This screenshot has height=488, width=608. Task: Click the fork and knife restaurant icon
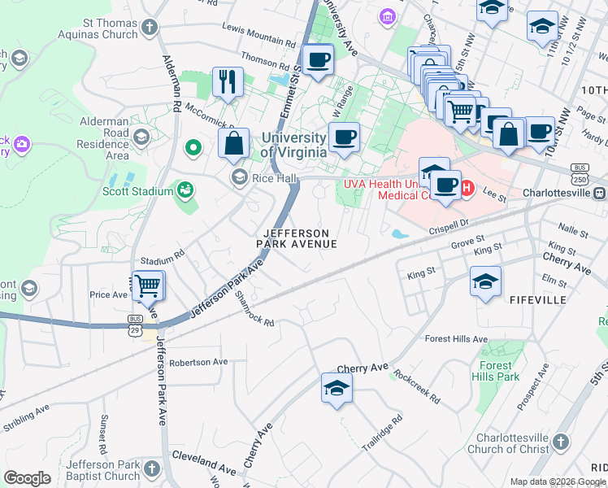pos(227,81)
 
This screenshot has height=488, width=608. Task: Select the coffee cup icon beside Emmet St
pos(317,59)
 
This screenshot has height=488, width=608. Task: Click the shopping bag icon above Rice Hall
pos(233,143)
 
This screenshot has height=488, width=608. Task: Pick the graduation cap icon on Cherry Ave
pos(336,389)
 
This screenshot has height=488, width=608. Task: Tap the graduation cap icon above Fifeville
pos(485,282)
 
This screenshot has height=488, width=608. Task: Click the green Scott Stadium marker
pos(186,190)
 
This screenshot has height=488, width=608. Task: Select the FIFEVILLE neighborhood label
pos(537,300)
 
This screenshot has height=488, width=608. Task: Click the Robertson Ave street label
pos(198,362)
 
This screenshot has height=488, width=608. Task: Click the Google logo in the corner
pos(27,478)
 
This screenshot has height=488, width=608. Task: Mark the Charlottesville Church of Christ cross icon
pos(559,442)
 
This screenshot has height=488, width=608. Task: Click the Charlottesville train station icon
pos(599,193)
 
